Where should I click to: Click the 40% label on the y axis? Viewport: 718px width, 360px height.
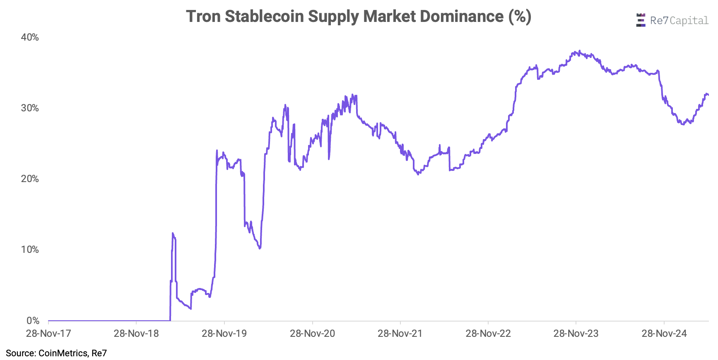tap(30, 37)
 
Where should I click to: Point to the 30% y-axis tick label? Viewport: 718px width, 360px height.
tap(30, 108)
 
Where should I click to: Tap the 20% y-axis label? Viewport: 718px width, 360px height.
tap(30, 179)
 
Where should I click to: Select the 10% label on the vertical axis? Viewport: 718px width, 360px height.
tap(30, 250)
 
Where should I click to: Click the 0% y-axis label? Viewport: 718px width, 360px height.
tap(33, 321)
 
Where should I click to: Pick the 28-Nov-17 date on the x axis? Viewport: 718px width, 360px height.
tap(48, 334)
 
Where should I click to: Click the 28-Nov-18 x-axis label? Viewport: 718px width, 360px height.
tap(136, 334)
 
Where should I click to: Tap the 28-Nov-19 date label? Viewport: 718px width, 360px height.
tap(224, 334)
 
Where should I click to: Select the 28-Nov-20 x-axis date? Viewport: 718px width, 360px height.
tap(312, 334)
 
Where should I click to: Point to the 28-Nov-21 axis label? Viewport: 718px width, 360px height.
tap(400, 334)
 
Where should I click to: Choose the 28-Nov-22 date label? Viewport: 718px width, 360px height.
tap(488, 334)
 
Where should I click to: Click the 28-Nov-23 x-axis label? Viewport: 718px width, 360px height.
tap(576, 334)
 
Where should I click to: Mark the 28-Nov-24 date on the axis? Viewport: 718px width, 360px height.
tap(664, 334)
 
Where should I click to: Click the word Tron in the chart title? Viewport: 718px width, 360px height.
tap(203, 17)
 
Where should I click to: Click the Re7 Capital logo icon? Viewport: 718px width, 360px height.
tap(641, 20)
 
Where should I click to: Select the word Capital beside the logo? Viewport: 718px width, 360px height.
tap(689, 21)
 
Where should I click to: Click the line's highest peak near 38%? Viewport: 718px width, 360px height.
tap(579, 51)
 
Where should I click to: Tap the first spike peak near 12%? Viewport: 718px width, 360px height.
tap(173, 233)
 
